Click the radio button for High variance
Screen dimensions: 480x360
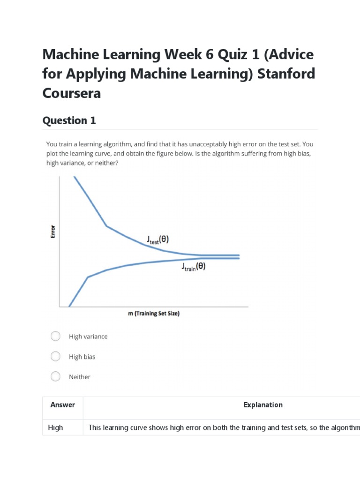(x=55, y=336)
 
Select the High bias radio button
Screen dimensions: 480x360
(x=55, y=356)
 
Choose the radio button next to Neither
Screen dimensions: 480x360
(x=55, y=376)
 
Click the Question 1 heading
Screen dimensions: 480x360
(x=69, y=120)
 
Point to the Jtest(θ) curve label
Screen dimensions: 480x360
(x=157, y=240)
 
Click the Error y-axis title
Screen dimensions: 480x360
(x=53, y=232)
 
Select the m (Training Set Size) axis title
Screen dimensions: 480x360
(x=154, y=314)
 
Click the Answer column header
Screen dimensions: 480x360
(x=62, y=405)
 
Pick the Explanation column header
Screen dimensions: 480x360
(x=263, y=405)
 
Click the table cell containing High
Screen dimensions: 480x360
(x=55, y=427)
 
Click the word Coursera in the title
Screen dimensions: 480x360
(x=71, y=93)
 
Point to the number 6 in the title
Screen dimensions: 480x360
(x=209, y=55)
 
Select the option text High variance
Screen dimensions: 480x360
(x=88, y=337)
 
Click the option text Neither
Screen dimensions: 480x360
(x=80, y=377)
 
